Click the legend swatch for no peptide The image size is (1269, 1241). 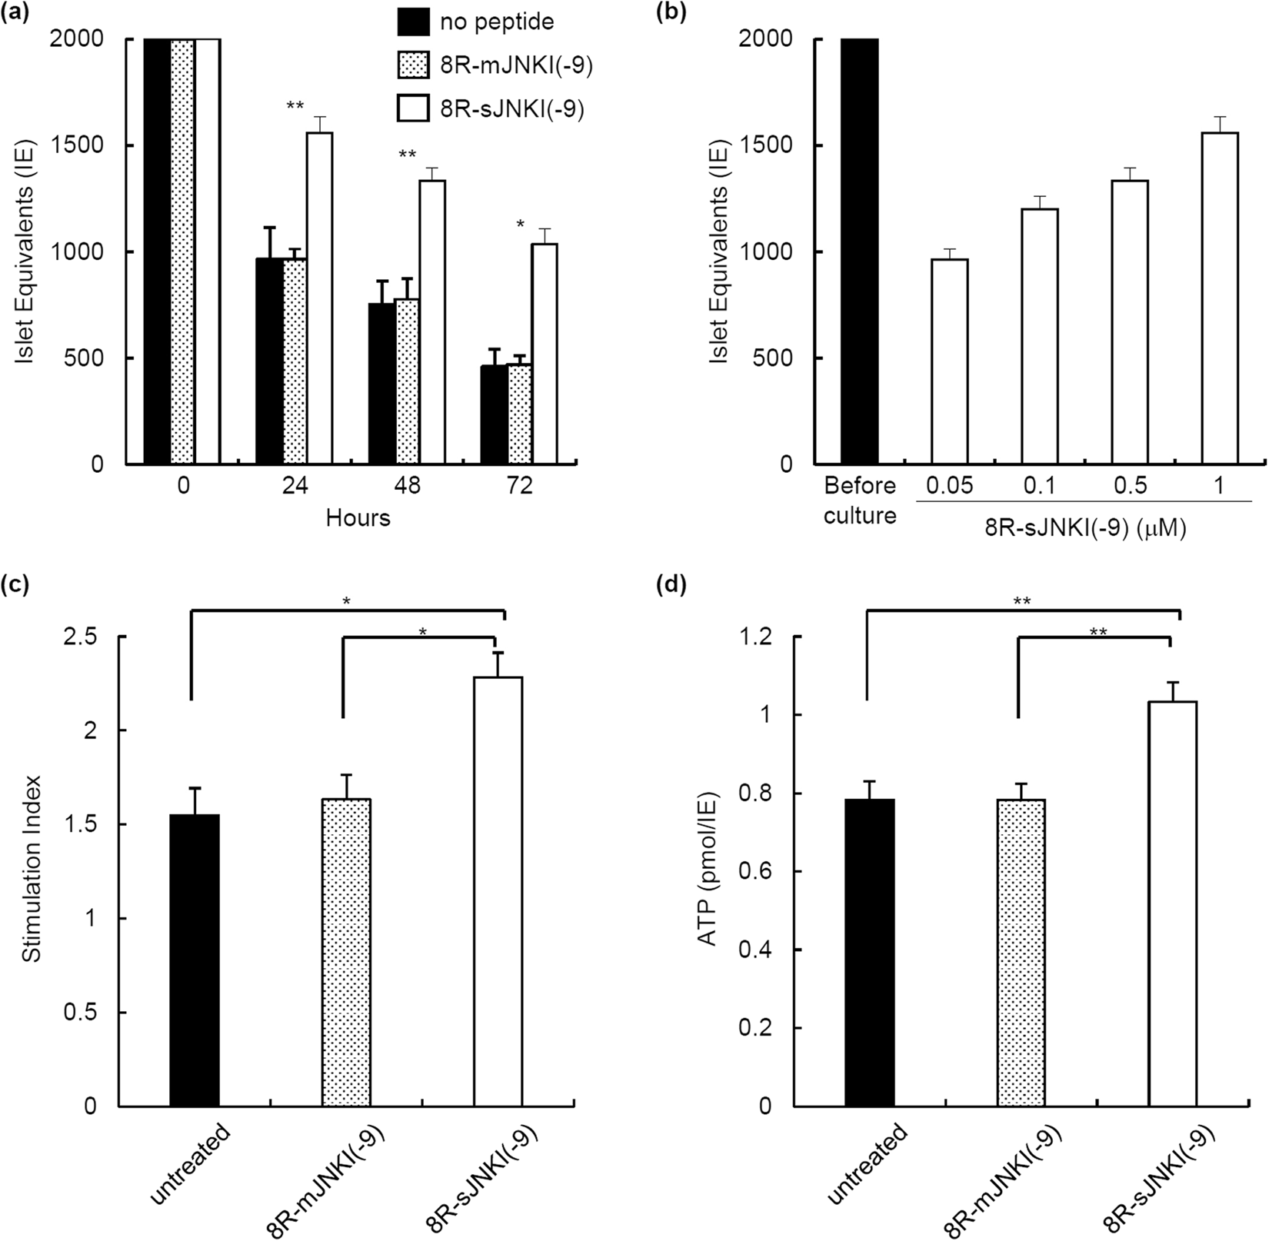point(412,22)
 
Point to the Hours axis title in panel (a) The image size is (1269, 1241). point(358,518)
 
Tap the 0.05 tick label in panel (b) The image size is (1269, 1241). point(948,487)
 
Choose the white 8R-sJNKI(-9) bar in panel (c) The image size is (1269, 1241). point(498,892)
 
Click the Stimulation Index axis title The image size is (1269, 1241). point(30,870)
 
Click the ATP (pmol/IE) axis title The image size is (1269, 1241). point(706,870)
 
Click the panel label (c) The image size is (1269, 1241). point(15,586)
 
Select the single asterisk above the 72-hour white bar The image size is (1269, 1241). point(521,225)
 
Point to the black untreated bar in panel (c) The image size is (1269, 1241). point(195,960)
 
